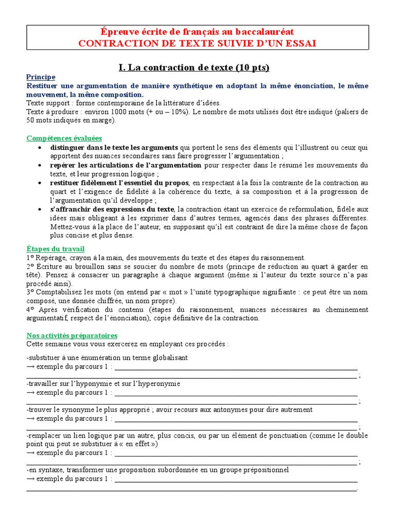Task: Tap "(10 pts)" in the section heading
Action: pyautogui.click(x=252, y=67)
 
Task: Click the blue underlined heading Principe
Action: pyautogui.click(x=41, y=77)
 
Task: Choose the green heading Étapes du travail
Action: pyautogui.click(x=56, y=249)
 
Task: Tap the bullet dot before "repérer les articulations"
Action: pyautogui.click(x=40, y=165)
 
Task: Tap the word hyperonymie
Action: pyautogui.click(x=157, y=384)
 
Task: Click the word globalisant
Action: pyautogui.click(x=168, y=358)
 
